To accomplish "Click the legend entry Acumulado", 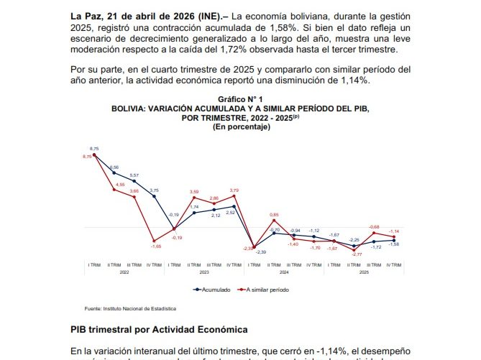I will pyautogui.click(x=216, y=290).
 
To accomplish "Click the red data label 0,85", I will pyautogui.click(x=274, y=215).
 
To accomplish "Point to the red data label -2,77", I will pyautogui.click(x=356, y=254).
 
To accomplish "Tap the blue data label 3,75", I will pyautogui.click(x=154, y=190).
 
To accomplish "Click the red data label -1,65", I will pyautogui.click(x=155, y=246).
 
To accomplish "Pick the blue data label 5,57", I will pyautogui.click(x=134, y=175).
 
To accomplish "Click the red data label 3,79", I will pyautogui.click(x=234, y=190).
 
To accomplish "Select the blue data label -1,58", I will pyautogui.click(x=393, y=244).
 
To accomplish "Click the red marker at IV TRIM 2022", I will pyautogui.click(x=154, y=241).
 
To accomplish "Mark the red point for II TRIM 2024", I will pyautogui.click(x=274, y=222).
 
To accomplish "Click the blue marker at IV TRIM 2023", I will pyautogui.click(x=234, y=206).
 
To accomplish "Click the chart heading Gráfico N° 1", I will pyautogui.click(x=241, y=98).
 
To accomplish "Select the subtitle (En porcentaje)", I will pyautogui.click(x=241, y=126).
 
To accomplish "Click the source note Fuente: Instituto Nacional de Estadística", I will pyautogui.click(x=130, y=308).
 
